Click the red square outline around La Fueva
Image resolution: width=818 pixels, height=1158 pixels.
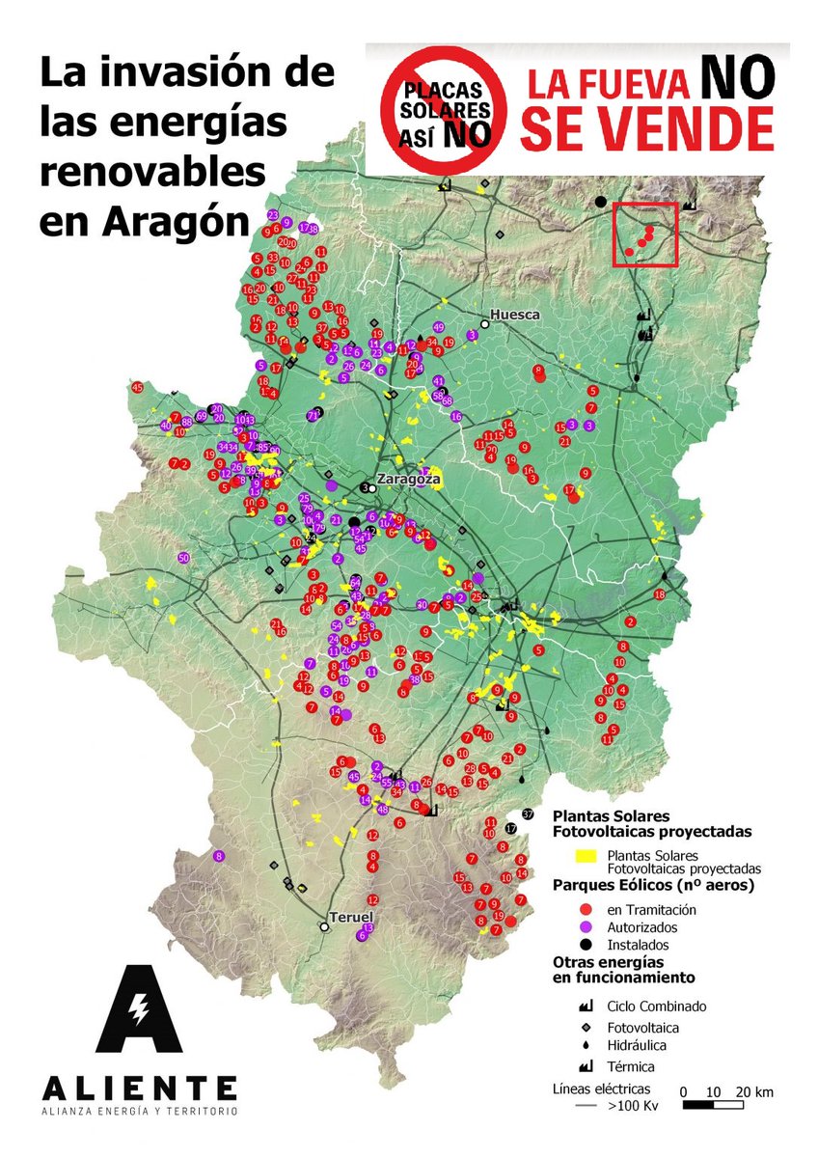[646, 235]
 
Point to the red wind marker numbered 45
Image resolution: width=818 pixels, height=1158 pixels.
[138, 388]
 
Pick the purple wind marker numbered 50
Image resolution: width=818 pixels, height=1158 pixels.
[183, 558]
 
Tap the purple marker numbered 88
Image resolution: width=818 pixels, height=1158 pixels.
[186, 422]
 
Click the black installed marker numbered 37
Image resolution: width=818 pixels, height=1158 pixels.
[527, 814]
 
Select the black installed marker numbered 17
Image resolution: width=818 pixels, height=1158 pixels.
[511, 829]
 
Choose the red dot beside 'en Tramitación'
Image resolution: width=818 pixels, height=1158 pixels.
[585, 909]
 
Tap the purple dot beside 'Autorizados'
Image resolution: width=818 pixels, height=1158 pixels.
[585, 926]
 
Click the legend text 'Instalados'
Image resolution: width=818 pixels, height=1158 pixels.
[638, 945]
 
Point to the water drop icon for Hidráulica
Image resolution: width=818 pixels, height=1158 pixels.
[585, 1045]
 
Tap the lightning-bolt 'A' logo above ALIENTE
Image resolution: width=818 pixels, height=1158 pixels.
[139, 1010]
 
